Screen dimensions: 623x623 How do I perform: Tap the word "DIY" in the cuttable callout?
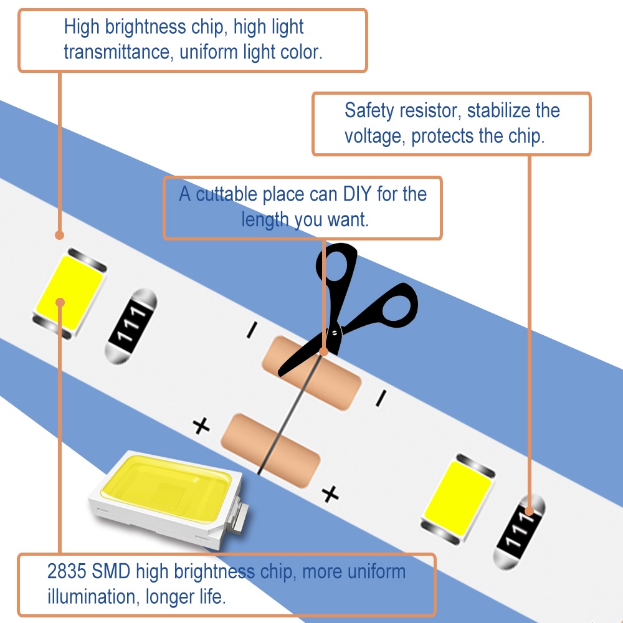pos(357,194)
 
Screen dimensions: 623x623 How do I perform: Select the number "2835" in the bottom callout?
pos(67,571)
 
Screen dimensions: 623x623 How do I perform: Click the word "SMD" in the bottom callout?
pos(111,571)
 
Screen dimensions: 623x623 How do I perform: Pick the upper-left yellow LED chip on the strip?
pos(70,293)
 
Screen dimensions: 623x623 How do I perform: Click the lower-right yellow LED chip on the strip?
pos(458,498)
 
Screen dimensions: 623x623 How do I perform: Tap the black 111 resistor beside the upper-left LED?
pos(131,326)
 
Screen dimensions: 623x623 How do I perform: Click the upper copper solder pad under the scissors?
pos(311,373)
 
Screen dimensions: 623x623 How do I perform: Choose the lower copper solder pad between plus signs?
pos(270,450)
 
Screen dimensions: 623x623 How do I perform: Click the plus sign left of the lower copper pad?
pos(201,426)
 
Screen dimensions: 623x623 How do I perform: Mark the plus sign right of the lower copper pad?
pos(330,494)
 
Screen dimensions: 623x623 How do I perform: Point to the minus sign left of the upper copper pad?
pos(252,330)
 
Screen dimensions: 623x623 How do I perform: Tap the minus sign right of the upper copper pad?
pos(381,398)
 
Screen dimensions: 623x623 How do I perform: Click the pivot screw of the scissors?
pos(335,333)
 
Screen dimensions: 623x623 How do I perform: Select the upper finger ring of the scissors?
pos(336,263)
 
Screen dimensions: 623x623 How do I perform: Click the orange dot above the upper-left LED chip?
pos(60,235)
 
